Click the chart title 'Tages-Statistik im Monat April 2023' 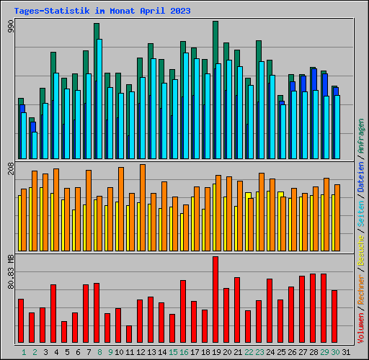coord(102,11)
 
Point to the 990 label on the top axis coord(11,27)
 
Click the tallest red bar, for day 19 coord(215,300)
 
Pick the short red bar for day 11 coord(129,334)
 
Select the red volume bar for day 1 coord(21,320)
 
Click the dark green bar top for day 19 coord(215,24)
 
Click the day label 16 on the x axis coord(184,351)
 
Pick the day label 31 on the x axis coord(347,351)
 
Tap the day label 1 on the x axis coord(24,351)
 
